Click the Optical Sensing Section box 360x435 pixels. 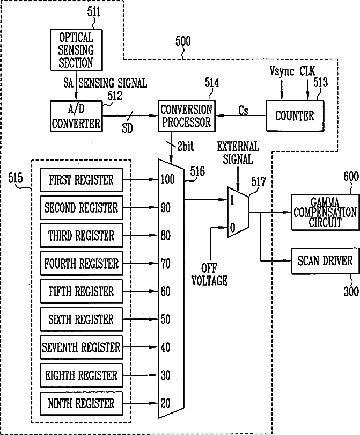pos(76,50)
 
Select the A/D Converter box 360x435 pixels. pos(76,115)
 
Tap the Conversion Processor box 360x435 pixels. pos(186,115)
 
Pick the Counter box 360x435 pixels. pos(295,115)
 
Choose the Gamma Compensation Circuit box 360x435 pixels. pos(325,212)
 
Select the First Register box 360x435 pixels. pos(81,179)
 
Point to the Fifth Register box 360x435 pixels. pos(81,292)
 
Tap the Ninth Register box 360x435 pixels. pos(81,403)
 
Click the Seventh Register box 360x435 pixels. pos(81,347)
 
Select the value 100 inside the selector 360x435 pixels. pos(167,179)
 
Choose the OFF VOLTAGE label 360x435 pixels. pos(214,274)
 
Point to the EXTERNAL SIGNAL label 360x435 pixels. pos(237,153)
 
